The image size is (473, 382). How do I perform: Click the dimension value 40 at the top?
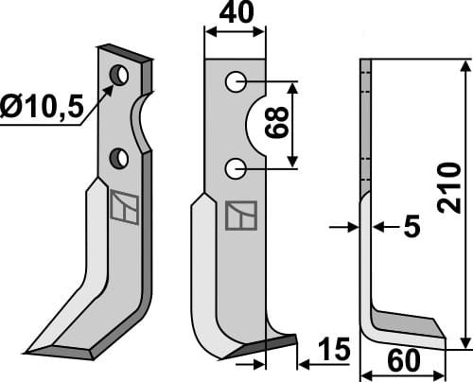236,12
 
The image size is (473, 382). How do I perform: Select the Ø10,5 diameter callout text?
42,106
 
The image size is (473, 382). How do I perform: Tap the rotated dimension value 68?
276,122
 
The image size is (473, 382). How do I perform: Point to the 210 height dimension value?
449,188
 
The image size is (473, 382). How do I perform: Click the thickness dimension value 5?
412,226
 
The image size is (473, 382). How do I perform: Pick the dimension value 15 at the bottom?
334,349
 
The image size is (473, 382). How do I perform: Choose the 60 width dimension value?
404,360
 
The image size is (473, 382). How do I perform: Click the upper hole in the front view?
236,82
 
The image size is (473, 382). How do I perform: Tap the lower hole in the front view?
236,169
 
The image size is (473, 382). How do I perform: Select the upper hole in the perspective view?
119,75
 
